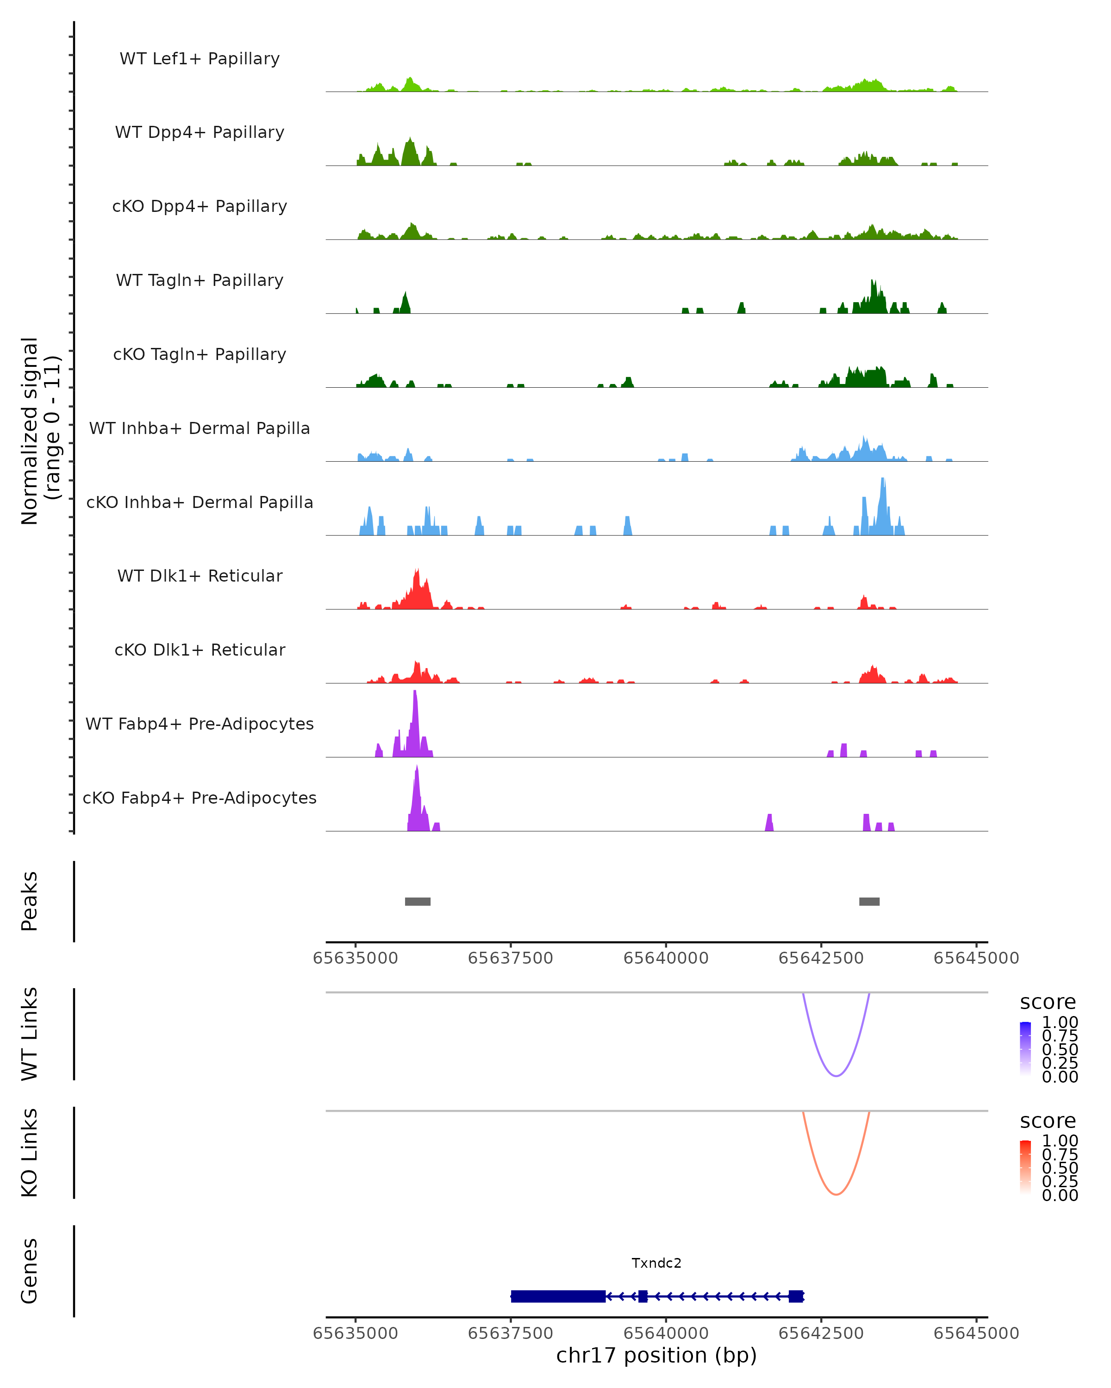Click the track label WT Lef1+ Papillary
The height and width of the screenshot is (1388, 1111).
pyautogui.click(x=200, y=59)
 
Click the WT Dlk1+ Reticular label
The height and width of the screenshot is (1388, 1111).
pyautogui.click(x=200, y=576)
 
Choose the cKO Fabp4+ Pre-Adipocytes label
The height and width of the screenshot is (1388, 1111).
pyautogui.click(x=200, y=798)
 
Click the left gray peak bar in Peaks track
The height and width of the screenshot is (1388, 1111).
pyautogui.click(x=418, y=901)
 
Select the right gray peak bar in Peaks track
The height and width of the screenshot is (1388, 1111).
pyautogui.click(x=869, y=901)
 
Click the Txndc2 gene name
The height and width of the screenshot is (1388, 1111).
pyautogui.click(x=656, y=1263)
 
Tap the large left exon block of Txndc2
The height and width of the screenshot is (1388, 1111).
pyautogui.click(x=558, y=1296)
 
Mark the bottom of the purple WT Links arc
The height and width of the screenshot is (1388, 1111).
pyautogui.click(x=836, y=1076)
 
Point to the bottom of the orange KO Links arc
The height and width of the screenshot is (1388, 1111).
pyautogui.click(x=836, y=1194)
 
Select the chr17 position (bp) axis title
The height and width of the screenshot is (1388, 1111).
pyautogui.click(x=656, y=1355)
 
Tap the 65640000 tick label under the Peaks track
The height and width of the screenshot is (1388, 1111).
pyautogui.click(x=666, y=958)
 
